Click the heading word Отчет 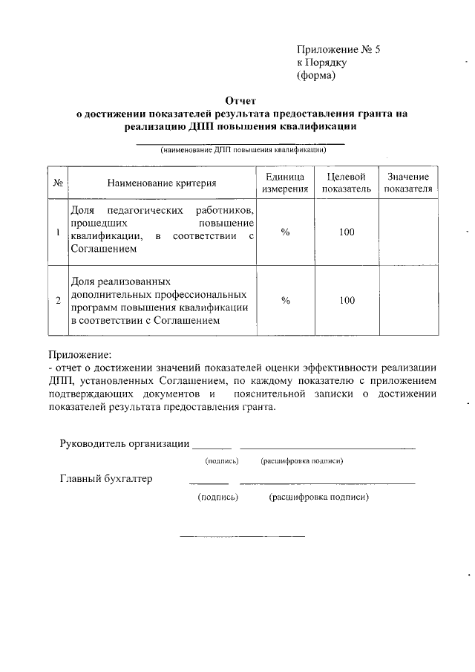(240, 100)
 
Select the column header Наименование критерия (161, 183)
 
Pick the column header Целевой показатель (347, 183)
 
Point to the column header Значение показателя (407, 183)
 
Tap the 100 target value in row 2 (347, 301)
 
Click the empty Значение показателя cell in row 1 (407, 233)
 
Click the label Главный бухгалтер (105, 479)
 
